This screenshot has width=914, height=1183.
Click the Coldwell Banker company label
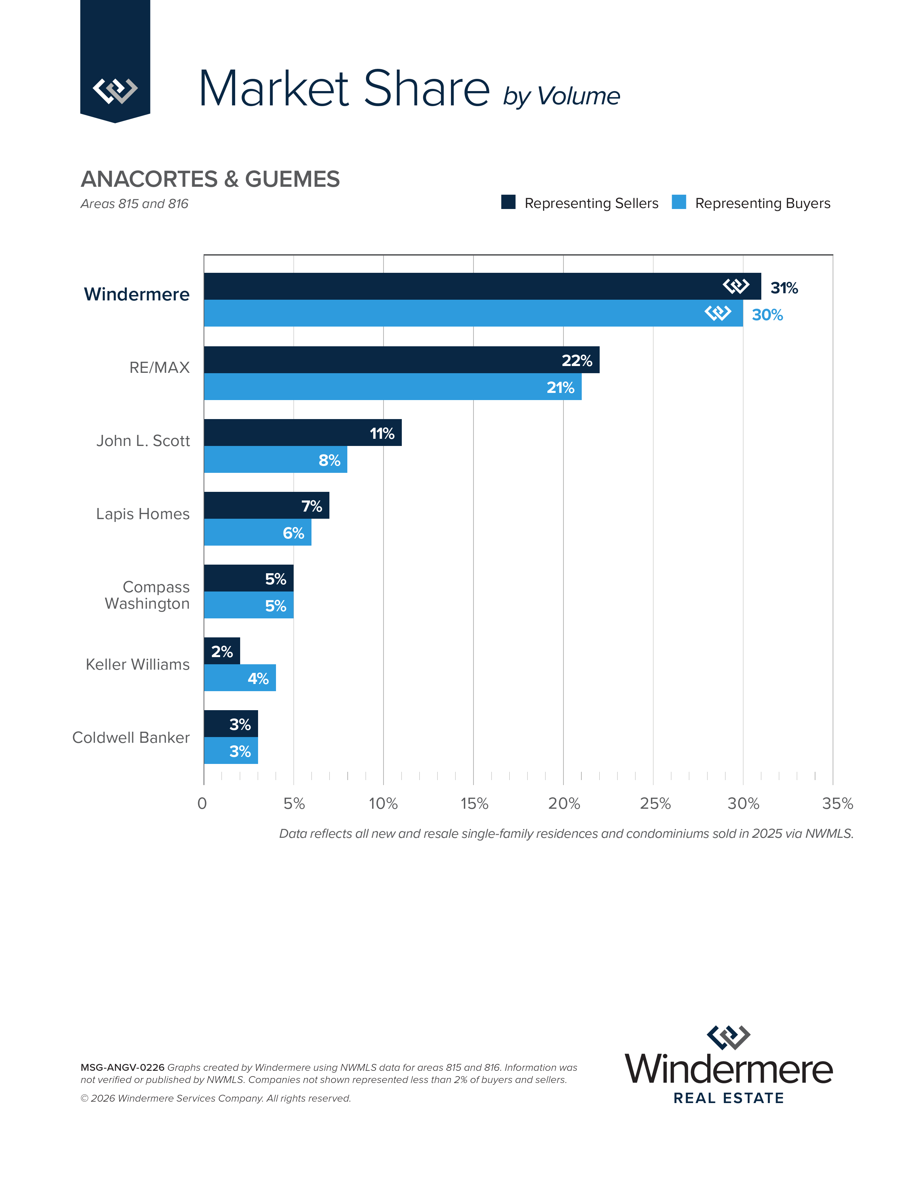pos(131,737)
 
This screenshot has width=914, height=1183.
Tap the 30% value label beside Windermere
pos(767,315)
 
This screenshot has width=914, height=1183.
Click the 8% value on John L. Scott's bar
pos(329,460)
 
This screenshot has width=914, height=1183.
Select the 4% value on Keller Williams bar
pos(258,678)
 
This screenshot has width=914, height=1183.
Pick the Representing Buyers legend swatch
pos(679,202)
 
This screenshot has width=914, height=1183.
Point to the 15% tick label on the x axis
pos(474,804)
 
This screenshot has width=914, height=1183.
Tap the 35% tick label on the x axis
pos(837,804)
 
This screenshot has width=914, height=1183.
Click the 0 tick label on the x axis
pos(202,804)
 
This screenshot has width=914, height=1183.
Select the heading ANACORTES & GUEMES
pos(210,179)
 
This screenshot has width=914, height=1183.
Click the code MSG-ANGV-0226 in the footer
pos(122,1068)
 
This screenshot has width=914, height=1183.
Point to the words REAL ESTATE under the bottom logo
pos(728,1098)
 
